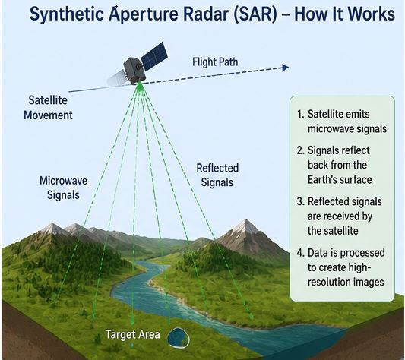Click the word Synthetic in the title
point(68,14)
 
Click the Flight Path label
point(215,62)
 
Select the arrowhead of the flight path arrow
point(285,68)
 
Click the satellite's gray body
point(134,71)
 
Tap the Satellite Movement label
point(48,107)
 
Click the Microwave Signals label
point(63,188)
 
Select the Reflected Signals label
point(217,175)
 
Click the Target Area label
point(133,334)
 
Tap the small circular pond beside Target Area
point(179,337)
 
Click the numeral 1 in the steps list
point(299,114)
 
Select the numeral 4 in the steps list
point(299,253)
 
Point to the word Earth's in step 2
point(323,179)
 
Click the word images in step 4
point(368,283)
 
